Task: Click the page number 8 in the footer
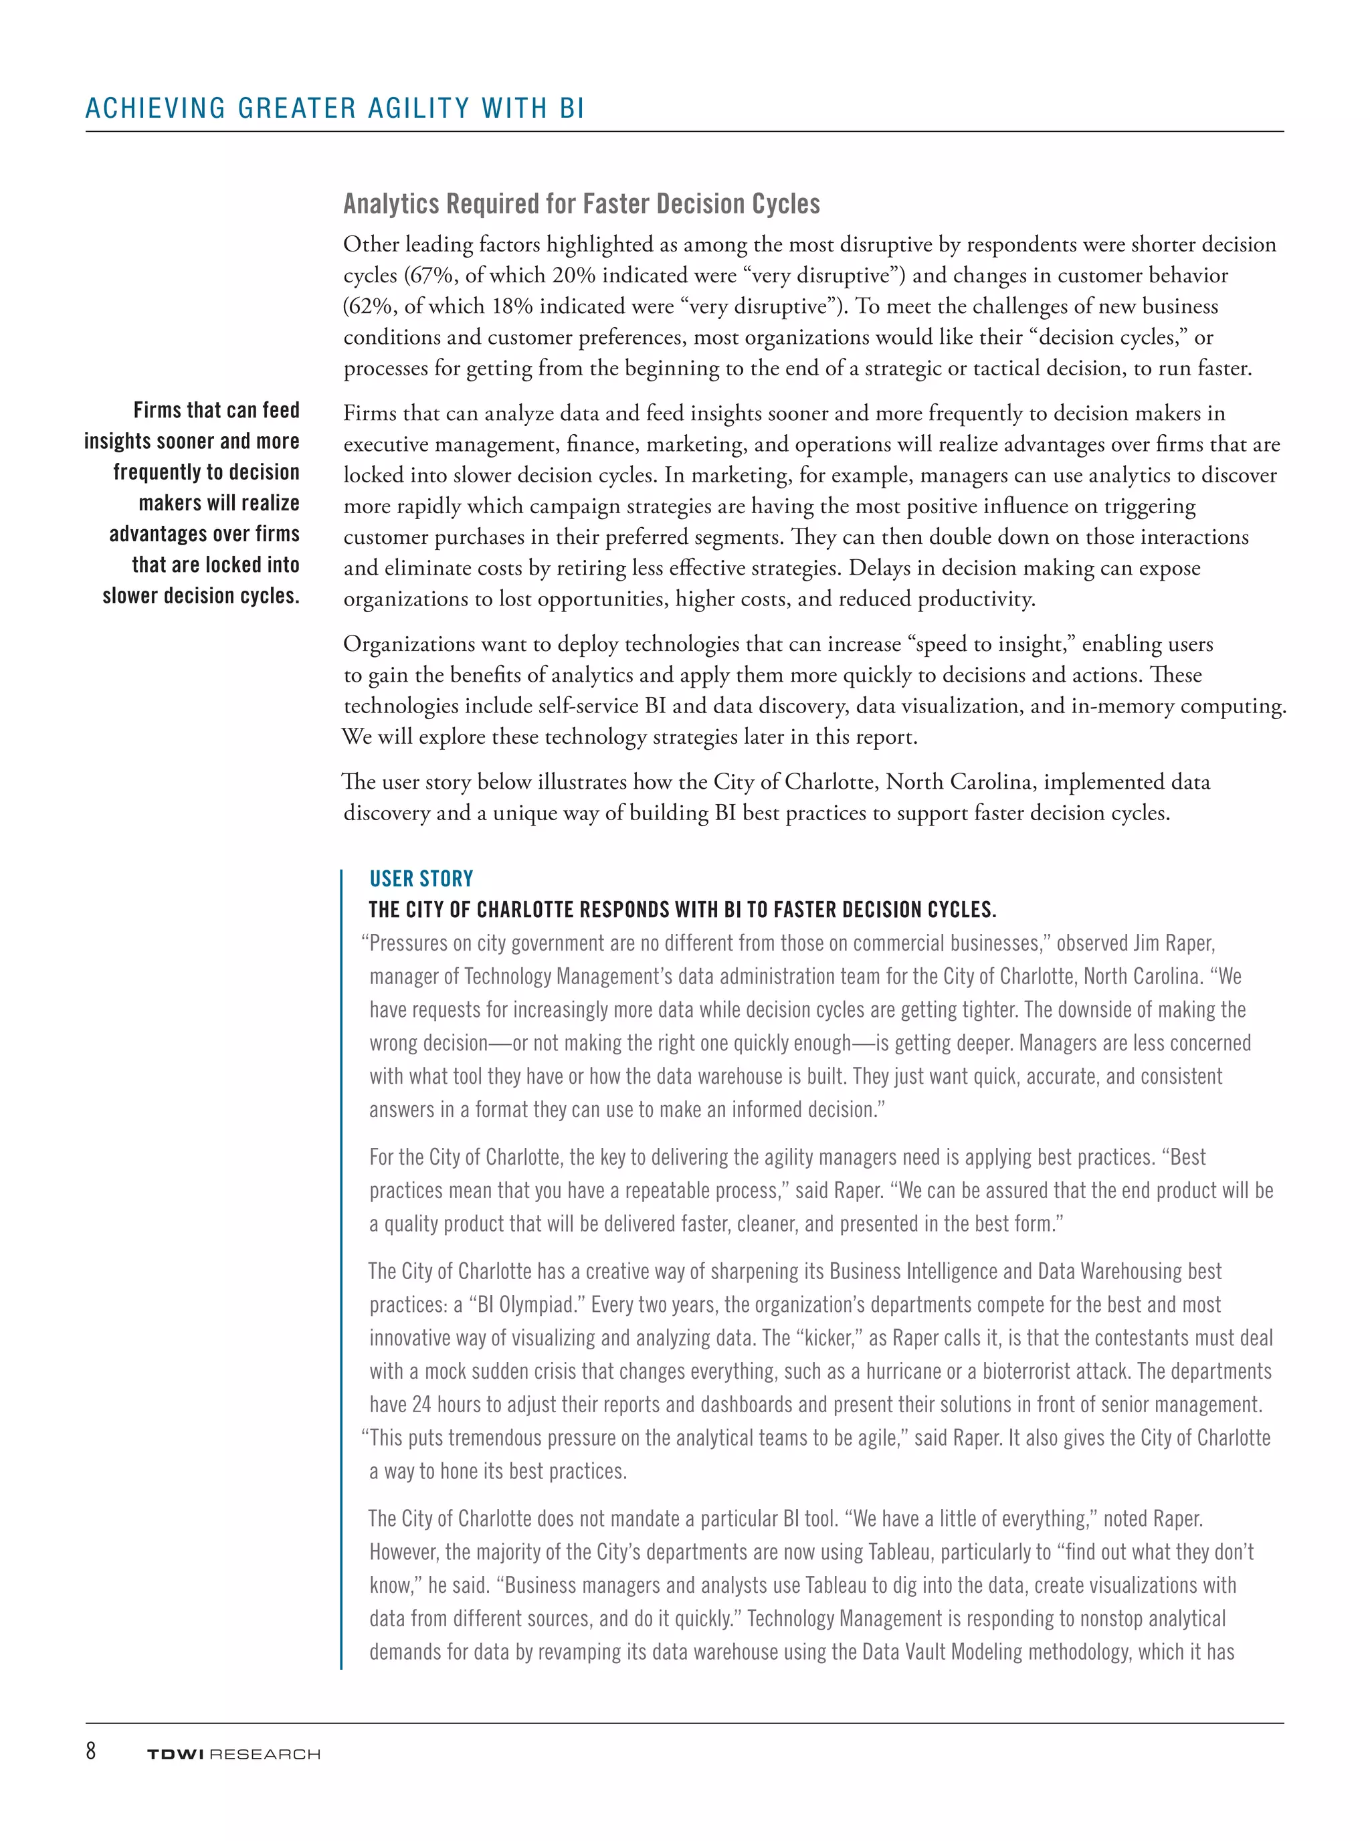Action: (90, 1751)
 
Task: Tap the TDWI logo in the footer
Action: (175, 1755)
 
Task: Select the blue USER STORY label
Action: (421, 879)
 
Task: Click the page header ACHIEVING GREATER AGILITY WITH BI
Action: (335, 108)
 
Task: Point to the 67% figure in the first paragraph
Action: (429, 276)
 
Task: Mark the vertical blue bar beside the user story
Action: (341, 1269)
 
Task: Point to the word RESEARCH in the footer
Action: (266, 1755)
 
